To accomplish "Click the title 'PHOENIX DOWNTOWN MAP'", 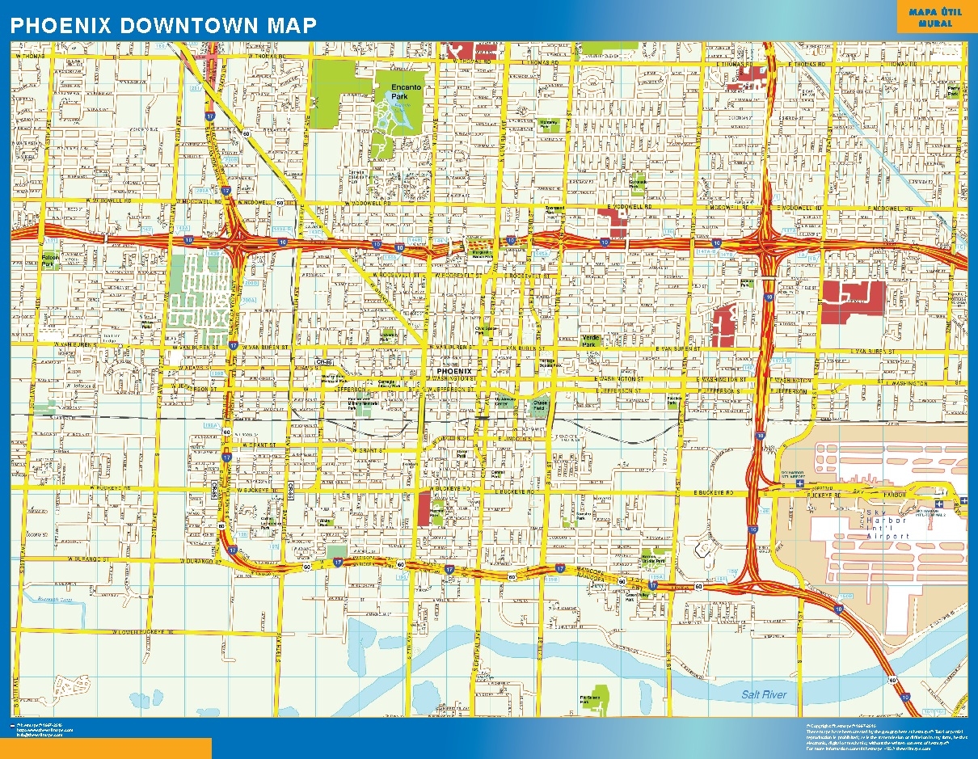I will [x=162, y=25].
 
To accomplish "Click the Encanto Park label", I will [x=400, y=91].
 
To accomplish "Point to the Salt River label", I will [x=764, y=694].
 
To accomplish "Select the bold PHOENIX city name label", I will [x=453, y=372].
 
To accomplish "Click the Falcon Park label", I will [x=51, y=260].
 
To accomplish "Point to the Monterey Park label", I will [x=549, y=124].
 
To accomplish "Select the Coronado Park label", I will [x=639, y=183].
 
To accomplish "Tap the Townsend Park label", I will [x=554, y=211].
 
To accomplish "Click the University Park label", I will [x=390, y=334].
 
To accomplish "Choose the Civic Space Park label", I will [x=485, y=330].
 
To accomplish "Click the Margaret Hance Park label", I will [x=482, y=254].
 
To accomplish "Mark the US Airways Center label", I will [x=505, y=400].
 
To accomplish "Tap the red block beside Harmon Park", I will [x=424, y=508].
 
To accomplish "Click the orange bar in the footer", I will [x=105, y=748].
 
